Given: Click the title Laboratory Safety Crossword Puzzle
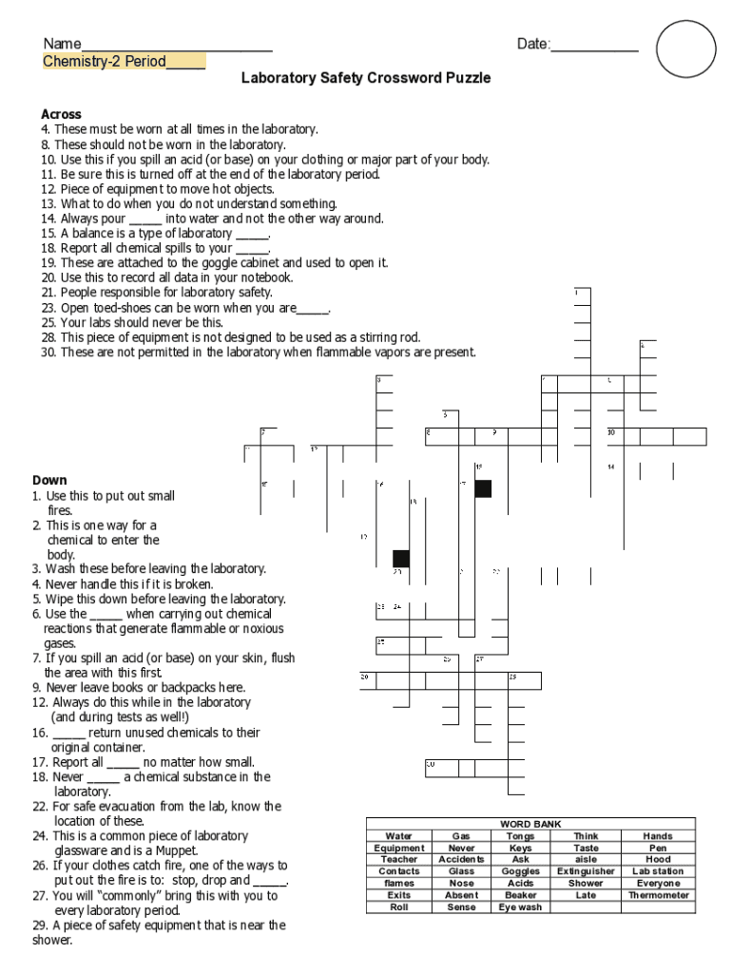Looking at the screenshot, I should tap(366, 78).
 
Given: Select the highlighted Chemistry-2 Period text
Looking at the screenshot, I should tap(124, 62).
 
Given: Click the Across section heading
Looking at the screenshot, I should tap(61, 114).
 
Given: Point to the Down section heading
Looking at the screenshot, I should tap(49, 480).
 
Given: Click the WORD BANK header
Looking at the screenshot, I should tap(530, 824).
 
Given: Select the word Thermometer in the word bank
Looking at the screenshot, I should tap(659, 895).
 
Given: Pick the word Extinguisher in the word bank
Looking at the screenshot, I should tap(587, 871).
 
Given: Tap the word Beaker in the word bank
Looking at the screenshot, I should tap(521, 895).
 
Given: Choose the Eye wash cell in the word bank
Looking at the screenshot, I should tap(521, 907).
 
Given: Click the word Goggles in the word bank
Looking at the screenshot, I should tap(521, 871).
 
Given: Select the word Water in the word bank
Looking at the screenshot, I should tap(399, 836).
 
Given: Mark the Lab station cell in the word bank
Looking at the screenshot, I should tap(659, 871).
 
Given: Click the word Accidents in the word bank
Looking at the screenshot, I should tap(461, 859).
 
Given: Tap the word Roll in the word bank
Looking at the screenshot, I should tap(399, 907).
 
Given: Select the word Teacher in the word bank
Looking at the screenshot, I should tap(399, 859).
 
